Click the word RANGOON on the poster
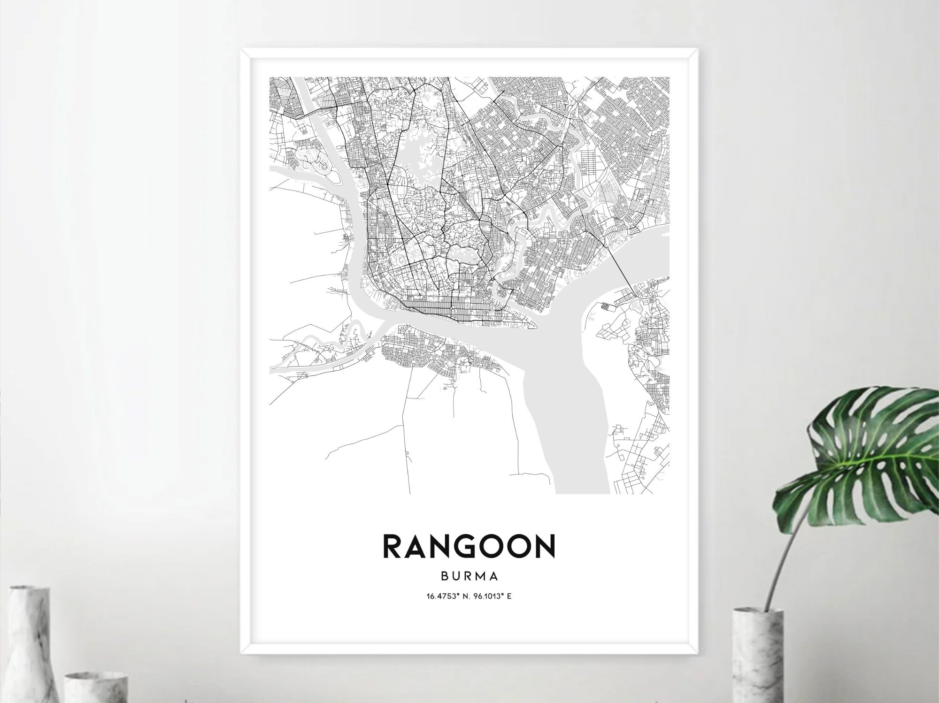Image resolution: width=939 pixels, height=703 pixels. tap(469, 546)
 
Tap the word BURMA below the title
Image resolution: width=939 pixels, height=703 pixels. tap(469, 575)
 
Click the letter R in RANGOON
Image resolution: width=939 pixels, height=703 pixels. tap(393, 546)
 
